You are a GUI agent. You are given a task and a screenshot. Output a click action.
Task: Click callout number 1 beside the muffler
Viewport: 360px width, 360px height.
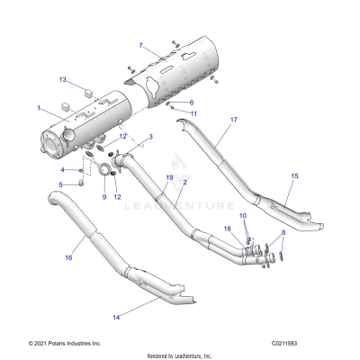click(39, 108)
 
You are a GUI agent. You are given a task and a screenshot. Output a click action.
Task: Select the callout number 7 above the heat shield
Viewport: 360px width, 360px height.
click(140, 44)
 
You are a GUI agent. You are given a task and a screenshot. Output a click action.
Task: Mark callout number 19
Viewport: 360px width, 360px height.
click(168, 178)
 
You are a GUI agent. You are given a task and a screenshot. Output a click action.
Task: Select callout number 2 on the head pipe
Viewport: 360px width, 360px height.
click(184, 183)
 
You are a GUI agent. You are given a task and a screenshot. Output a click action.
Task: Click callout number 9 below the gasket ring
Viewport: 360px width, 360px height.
click(103, 197)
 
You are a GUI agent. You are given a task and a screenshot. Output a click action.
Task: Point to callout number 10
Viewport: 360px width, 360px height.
click(242, 217)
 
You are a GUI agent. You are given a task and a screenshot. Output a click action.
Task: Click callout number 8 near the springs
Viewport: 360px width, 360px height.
click(285, 233)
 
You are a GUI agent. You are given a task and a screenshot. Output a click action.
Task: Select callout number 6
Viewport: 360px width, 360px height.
click(190, 103)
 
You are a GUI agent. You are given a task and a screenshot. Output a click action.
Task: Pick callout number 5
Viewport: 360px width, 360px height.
click(62, 184)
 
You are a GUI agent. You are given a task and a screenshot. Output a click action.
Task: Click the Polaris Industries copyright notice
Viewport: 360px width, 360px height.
click(51, 343)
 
